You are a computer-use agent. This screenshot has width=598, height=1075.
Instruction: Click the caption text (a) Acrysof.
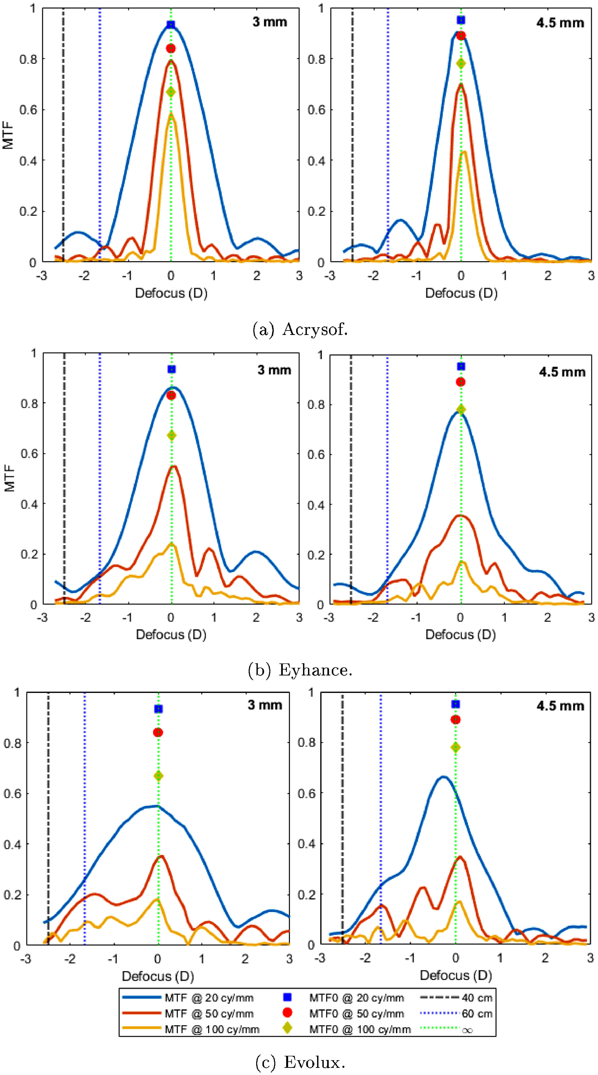pos(300,330)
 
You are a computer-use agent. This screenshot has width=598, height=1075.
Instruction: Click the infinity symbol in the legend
pos(467,1030)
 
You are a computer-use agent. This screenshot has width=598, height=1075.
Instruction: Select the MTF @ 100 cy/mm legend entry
pos(212,1029)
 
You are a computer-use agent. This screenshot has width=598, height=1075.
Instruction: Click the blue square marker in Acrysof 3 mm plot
pos(170,25)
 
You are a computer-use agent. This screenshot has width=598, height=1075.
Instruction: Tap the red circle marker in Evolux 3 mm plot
pos(158,732)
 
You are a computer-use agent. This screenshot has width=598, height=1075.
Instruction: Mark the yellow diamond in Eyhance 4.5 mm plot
pos(461,409)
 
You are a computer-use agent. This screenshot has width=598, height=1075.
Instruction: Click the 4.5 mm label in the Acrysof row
pos(560,23)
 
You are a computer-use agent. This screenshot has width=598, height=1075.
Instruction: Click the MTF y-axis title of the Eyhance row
pos(9,479)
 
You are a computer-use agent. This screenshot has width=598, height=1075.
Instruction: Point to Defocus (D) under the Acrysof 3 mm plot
pos(171,293)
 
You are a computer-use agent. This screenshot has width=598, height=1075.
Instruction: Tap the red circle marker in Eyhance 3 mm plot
pos(171,395)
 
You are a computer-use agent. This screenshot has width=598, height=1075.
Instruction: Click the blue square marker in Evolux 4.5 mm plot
pos(456,704)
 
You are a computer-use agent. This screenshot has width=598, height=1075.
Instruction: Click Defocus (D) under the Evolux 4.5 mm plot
pos(456,975)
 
